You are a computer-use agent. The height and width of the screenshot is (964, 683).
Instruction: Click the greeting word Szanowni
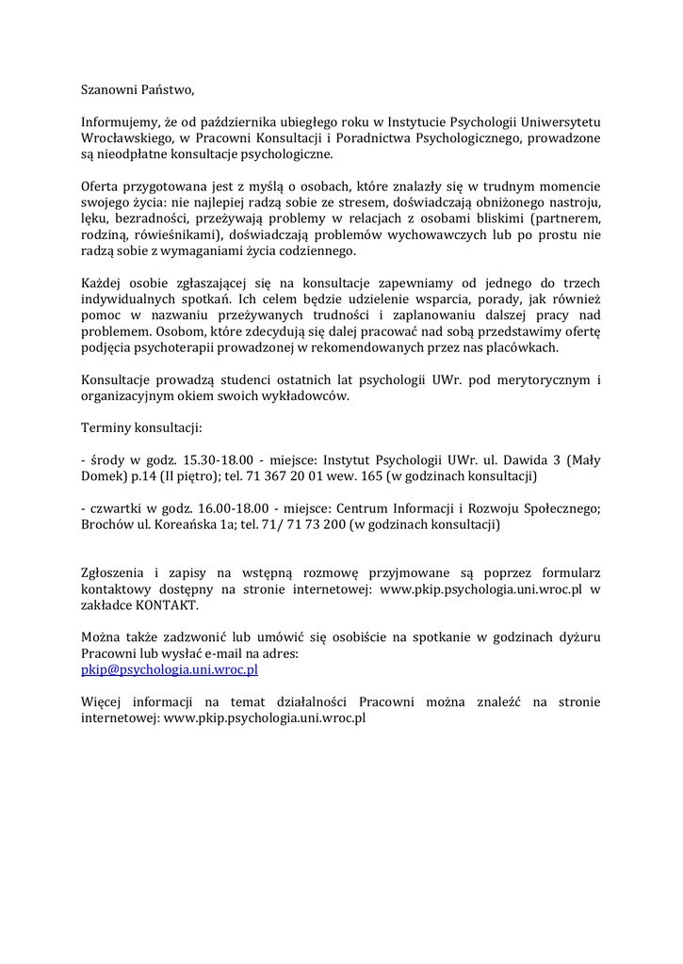[109, 90]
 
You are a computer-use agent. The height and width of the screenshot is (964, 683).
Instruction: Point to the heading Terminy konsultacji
[141, 428]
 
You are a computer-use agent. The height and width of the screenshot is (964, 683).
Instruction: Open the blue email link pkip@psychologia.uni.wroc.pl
[170, 669]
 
